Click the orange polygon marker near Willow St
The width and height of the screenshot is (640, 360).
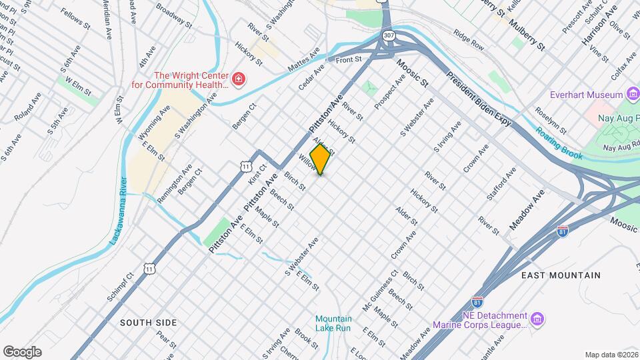[320, 159]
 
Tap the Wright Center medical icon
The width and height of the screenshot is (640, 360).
[238, 81]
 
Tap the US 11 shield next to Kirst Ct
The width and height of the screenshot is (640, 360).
[247, 165]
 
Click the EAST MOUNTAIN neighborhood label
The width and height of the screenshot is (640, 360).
[561, 275]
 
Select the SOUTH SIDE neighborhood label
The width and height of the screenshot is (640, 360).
[148, 323]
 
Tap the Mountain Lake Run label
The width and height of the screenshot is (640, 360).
[333, 323]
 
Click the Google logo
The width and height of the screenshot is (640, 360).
[22, 351]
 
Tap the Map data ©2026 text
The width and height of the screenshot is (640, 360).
[611, 355]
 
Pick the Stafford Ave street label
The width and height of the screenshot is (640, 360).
[501, 183]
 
